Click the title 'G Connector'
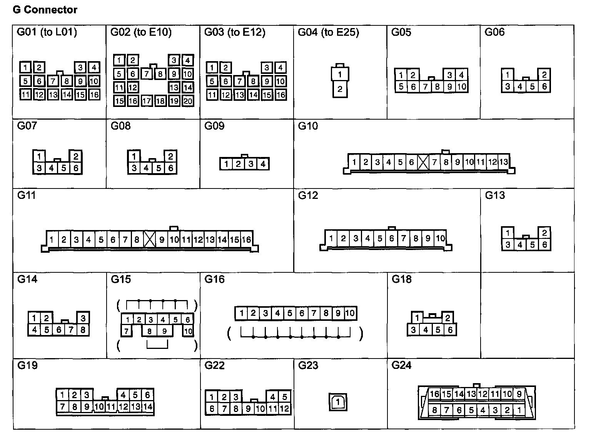pyautogui.click(x=45, y=10)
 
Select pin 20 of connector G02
pyautogui.click(x=188, y=101)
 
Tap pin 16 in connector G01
pyautogui.click(x=94, y=95)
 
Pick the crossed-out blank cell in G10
pyautogui.click(x=423, y=162)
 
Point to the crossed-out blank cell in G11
pyautogui.click(x=149, y=240)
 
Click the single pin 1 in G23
pyautogui.click(x=338, y=402)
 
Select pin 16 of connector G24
pyautogui.click(x=434, y=394)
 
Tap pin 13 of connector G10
pyautogui.click(x=503, y=162)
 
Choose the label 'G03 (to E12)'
pyautogui.click(x=235, y=32)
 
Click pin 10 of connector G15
pyautogui.click(x=188, y=331)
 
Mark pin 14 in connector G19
pyautogui.click(x=148, y=407)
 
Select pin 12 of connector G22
pyautogui.click(x=284, y=409)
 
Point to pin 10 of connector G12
pyautogui.click(x=440, y=239)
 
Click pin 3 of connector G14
pyautogui.click(x=83, y=318)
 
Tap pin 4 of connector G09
pyautogui.click(x=263, y=164)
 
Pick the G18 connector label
pyautogui.click(x=402, y=279)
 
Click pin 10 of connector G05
pyautogui.click(x=462, y=87)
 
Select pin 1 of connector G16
pyautogui.click(x=241, y=313)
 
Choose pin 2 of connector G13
pyautogui.click(x=544, y=233)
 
